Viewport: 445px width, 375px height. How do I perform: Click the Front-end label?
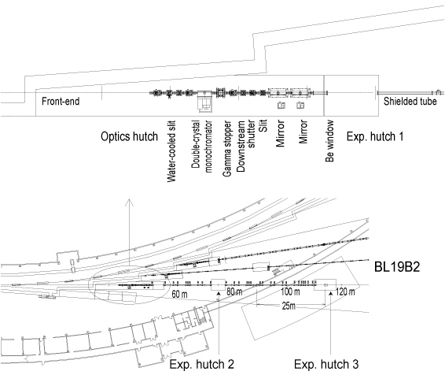click(61, 102)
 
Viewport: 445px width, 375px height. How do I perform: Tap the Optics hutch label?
click(129, 137)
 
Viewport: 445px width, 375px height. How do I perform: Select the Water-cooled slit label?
click(171, 151)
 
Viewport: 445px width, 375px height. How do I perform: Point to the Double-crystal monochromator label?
click(201, 147)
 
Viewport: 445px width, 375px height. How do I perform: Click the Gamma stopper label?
click(226, 148)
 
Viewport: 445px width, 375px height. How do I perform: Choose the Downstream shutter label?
click(246, 146)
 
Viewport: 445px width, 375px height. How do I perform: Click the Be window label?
click(329, 141)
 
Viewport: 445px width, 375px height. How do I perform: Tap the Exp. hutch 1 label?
click(375, 137)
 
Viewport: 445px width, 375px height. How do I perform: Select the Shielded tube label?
click(410, 102)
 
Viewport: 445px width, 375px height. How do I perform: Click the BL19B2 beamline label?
click(397, 267)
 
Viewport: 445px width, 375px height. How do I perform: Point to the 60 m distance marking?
click(179, 295)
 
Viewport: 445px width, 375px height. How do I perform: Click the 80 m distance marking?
click(234, 292)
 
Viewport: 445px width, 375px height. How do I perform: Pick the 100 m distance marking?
click(290, 291)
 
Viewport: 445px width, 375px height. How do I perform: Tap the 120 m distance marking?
click(345, 292)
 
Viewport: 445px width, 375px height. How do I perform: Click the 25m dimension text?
click(289, 306)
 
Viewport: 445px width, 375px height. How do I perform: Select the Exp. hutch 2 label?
click(202, 364)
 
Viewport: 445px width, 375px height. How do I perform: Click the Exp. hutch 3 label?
click(326, 364)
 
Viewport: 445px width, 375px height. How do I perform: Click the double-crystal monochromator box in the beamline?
click(205, 101)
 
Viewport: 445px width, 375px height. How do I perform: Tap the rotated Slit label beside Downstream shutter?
click(263, 126)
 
